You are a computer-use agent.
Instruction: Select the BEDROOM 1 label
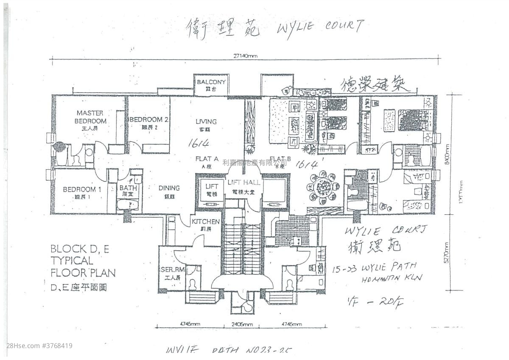tap(82, 189)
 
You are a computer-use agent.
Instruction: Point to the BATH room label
tap(128, 188)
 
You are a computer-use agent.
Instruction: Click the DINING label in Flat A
tap(169, 188)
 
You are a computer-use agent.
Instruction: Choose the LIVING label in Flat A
tap(206, 121)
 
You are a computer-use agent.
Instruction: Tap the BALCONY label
tap(211, 82)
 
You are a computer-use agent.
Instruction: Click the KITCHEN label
tap(206, 222)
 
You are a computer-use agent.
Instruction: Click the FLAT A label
tap(207, 159)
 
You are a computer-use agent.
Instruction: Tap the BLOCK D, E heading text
tap(79, 249)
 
